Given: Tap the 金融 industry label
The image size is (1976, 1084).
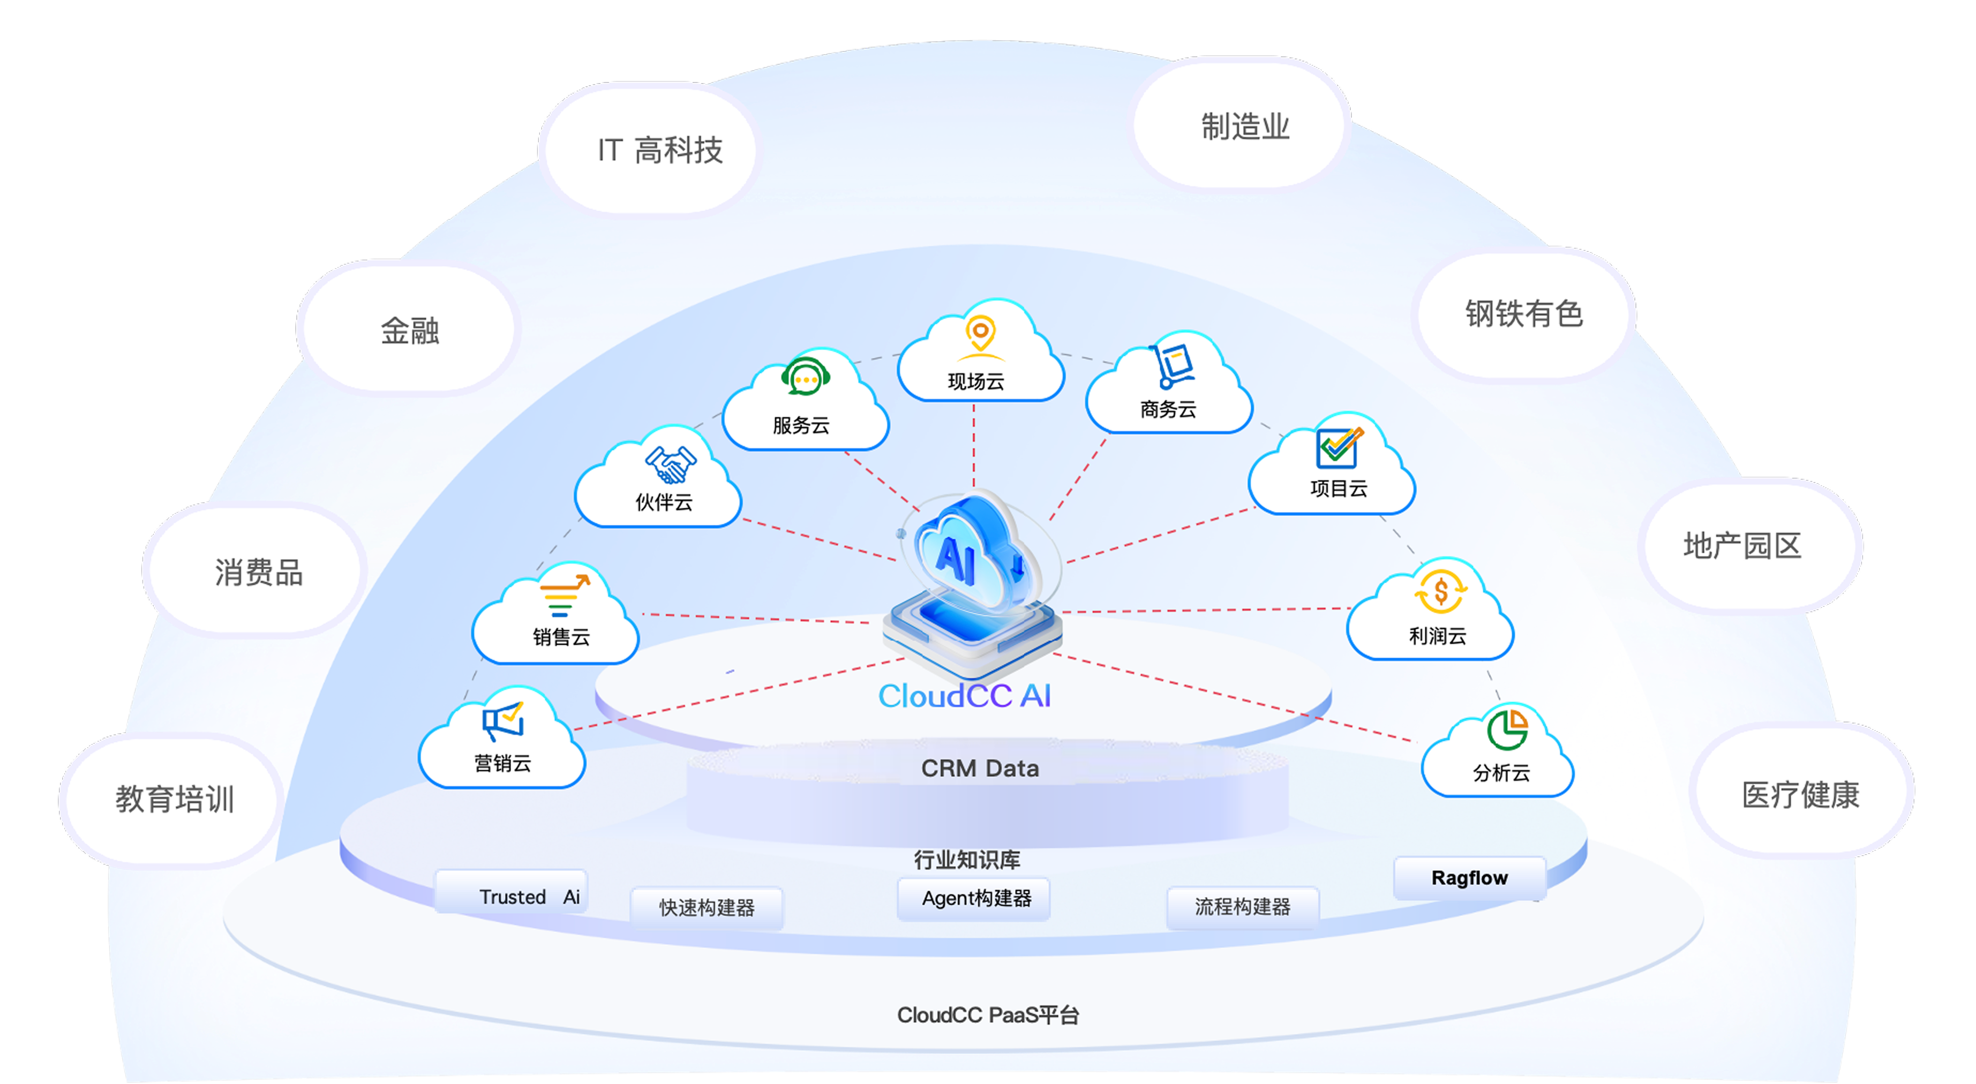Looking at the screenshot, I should click(x=410, y=330).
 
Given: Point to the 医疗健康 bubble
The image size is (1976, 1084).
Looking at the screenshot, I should click(x=1800, y=794).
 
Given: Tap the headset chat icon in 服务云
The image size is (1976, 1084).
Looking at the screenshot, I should click(x=805, y=378).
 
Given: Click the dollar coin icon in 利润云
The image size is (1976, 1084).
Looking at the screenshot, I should click(x=1440, y=591).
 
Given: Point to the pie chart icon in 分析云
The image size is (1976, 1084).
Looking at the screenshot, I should click(x=1507, y=729).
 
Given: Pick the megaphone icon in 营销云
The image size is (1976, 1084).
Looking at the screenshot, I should click(x=503, y=721).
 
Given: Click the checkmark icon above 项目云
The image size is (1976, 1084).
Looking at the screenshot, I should click(x=1339, y=447).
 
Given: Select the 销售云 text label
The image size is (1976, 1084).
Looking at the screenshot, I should click(x=561, y=637).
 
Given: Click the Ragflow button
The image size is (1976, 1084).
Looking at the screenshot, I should click(x=1469, y=878).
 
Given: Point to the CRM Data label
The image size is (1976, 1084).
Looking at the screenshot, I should click(x=980, y=768).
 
